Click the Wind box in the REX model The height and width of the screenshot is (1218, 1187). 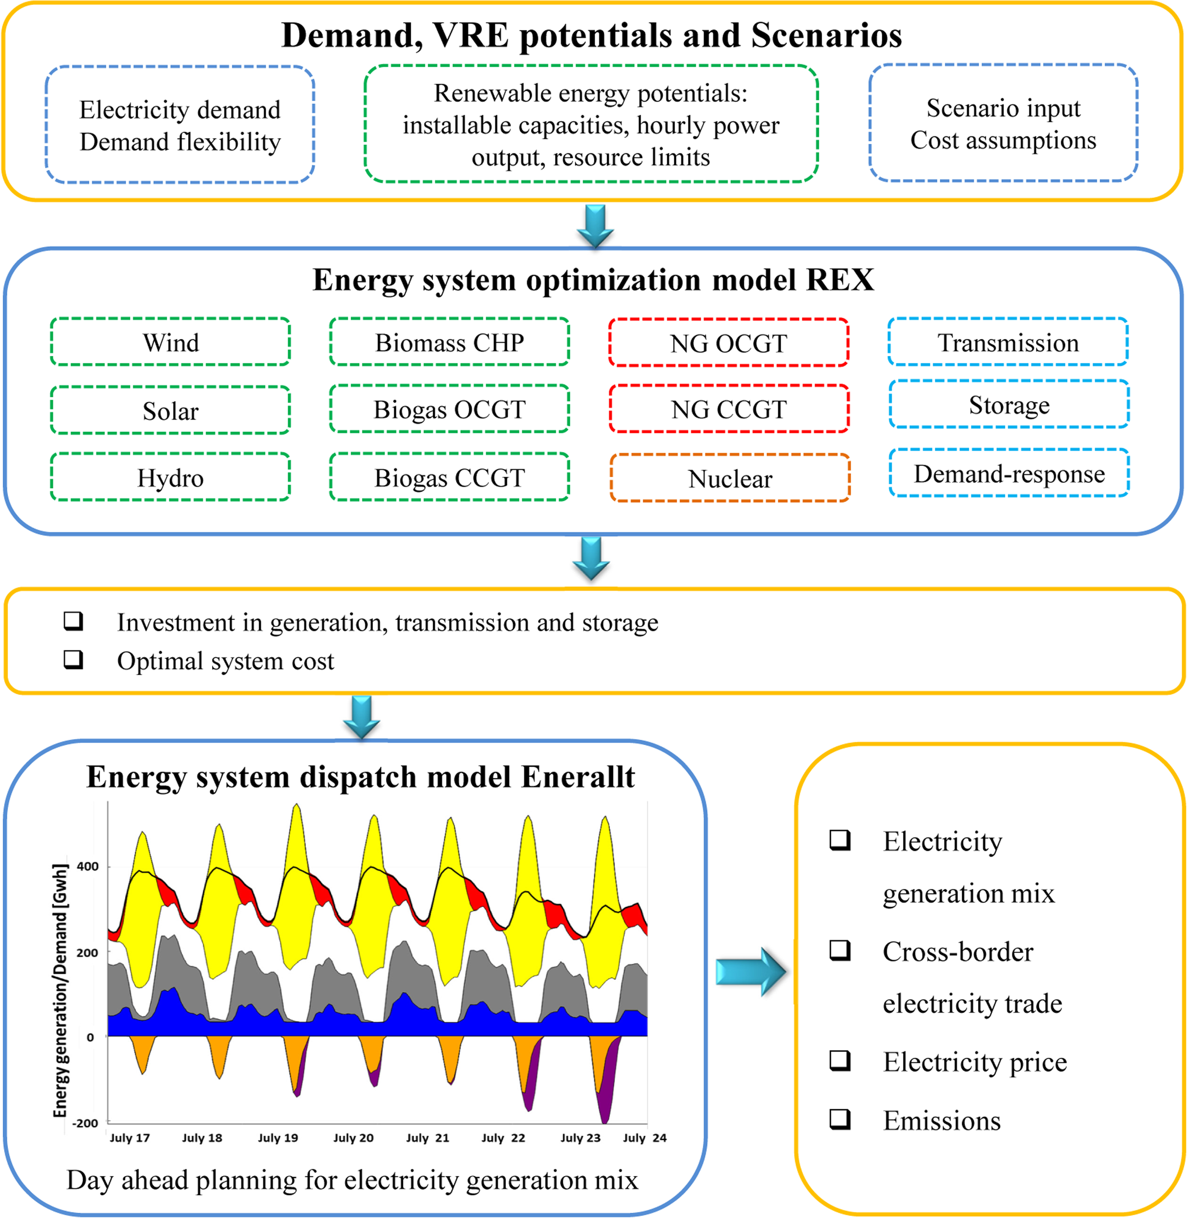tap(170, 342)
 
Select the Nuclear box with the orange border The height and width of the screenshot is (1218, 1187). tap(730, 478)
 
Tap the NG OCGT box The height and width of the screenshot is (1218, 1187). tap(729, 343)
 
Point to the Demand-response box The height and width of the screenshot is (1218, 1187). tap(1009, 473)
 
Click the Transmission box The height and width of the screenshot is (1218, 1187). tap(1008, 342)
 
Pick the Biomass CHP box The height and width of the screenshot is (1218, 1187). tap(450, 342)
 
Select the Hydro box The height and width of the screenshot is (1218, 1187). tap(170, 477)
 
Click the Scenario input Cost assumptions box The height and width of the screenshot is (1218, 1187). tap(1004, 123)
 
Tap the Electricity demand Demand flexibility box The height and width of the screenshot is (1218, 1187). tap(180, 125)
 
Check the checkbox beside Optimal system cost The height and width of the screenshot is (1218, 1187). tap(73, 660)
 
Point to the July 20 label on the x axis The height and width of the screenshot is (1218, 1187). tap(353, 1138)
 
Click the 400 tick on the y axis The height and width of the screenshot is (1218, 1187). tap(87, 867)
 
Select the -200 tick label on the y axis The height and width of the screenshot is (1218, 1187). tap(85, 1123)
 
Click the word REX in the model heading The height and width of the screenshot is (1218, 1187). tap(840, 279)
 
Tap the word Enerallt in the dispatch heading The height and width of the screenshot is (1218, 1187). tap(578, 777)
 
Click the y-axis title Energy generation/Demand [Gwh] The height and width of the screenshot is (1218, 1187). tap(60, 991)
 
